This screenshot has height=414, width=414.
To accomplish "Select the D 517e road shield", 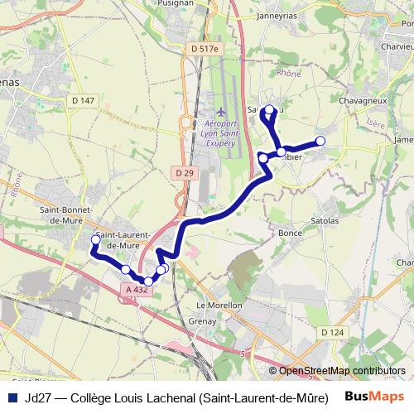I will (x=207, y=49).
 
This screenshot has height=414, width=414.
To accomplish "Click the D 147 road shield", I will (x=84, y=100).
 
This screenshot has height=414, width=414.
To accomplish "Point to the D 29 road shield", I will (x=184, y=172).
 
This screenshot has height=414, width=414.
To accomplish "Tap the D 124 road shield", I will (x=331, y=332).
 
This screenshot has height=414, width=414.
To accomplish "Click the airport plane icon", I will (x=220, y=111).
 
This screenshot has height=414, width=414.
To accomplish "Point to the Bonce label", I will (x=290, y=233).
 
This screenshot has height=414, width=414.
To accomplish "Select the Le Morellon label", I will (x=219, y=305).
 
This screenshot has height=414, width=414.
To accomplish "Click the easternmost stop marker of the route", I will (x=321, y=141).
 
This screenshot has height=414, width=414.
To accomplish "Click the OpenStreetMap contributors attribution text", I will (x=337, y=371).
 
